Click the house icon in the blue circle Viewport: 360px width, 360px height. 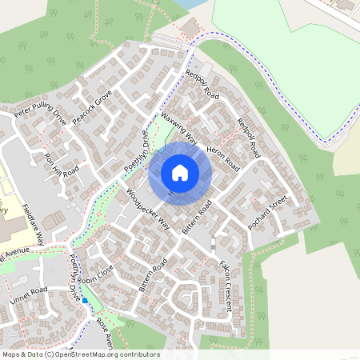tap(180, 172)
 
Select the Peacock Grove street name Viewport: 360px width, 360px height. tap(92, 109)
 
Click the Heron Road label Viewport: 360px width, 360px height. tap(222, 151)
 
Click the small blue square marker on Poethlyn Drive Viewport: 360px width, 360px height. tap(85, 301)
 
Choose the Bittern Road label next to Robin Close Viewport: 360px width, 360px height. tap(151, 273)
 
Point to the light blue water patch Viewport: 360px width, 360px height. tap(186, 4)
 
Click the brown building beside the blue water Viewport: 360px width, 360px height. tap(191, 28)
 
